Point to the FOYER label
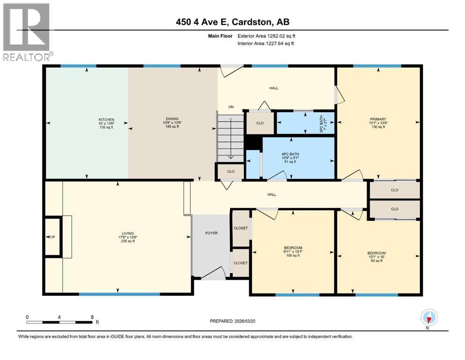click(x=211, y=233)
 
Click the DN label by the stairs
click(x=231, y=107)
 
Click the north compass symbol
click(x=429, y=318)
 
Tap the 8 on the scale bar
click(x=92, y=317)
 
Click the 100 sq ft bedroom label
click(x=293, y=255)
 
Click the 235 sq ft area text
click(x=127, y=241)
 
